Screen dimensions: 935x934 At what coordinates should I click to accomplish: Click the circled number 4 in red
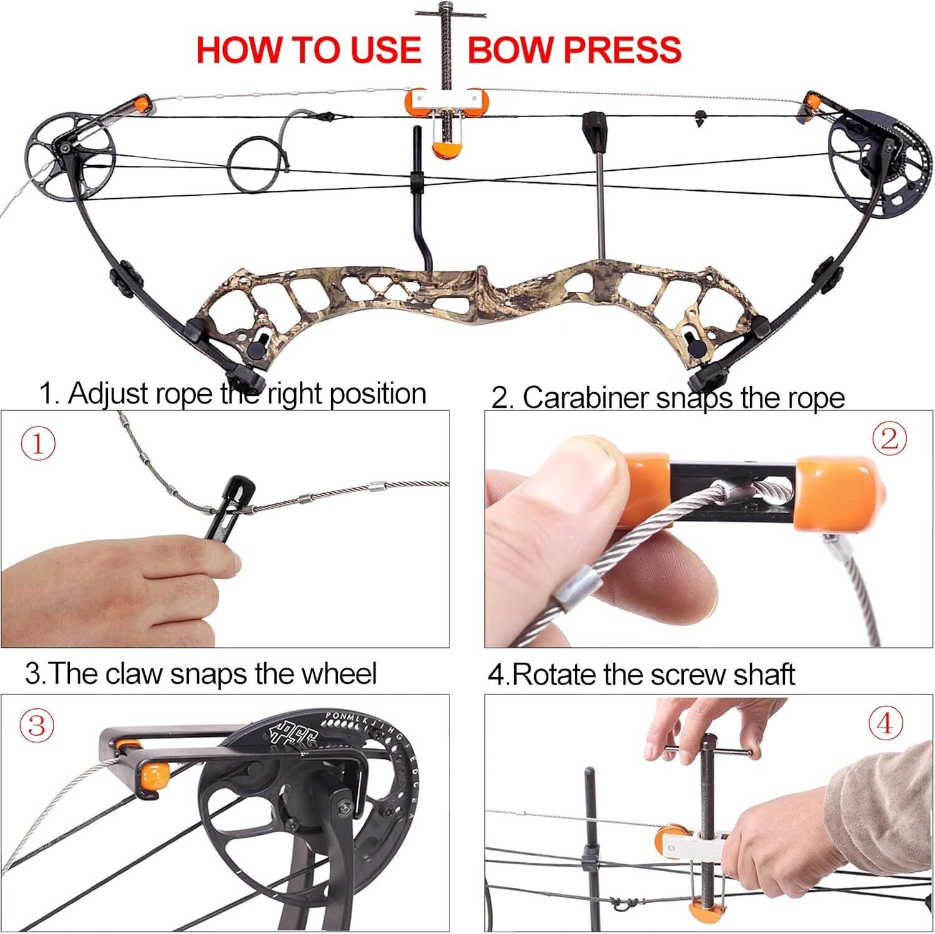[x=886, y=725]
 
